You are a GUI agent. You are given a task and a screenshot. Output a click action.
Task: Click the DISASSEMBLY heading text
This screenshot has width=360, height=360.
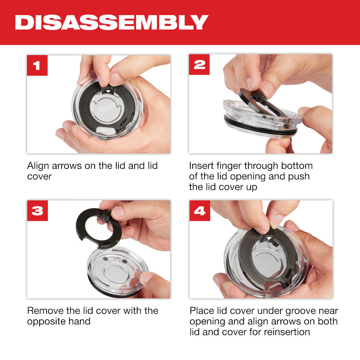[112, 22]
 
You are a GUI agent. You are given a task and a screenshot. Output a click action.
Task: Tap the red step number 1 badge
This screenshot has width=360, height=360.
[37, 65]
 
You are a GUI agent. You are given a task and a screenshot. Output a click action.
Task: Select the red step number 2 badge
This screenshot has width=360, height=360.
[199, 65]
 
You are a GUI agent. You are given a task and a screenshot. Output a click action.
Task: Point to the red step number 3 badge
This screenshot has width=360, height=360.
[37, 211]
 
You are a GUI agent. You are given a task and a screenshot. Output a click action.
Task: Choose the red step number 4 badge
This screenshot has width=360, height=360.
[199, 211]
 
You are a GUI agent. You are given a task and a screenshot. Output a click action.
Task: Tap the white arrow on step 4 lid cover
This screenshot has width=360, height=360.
[270, 238]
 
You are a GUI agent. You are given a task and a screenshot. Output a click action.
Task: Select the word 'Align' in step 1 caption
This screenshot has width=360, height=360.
[39, 166]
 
